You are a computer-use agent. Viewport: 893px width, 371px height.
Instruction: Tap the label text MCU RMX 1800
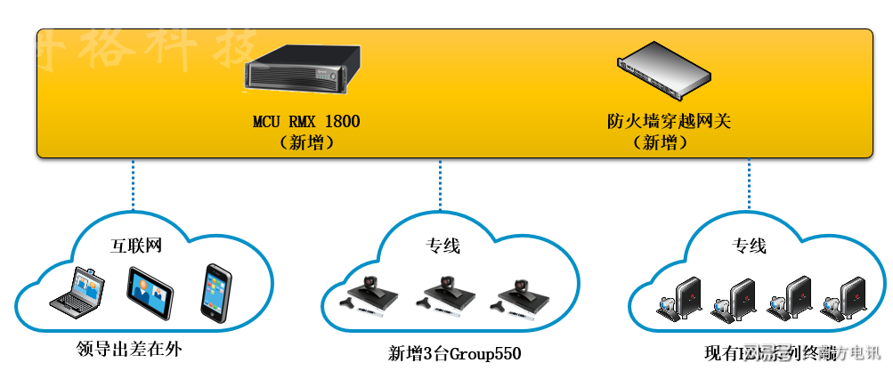(x=306, y=121)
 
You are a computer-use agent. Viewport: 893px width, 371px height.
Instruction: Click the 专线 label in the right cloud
(x=749, y=246)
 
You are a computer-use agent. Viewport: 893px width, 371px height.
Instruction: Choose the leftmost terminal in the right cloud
(x=680, y=299)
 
